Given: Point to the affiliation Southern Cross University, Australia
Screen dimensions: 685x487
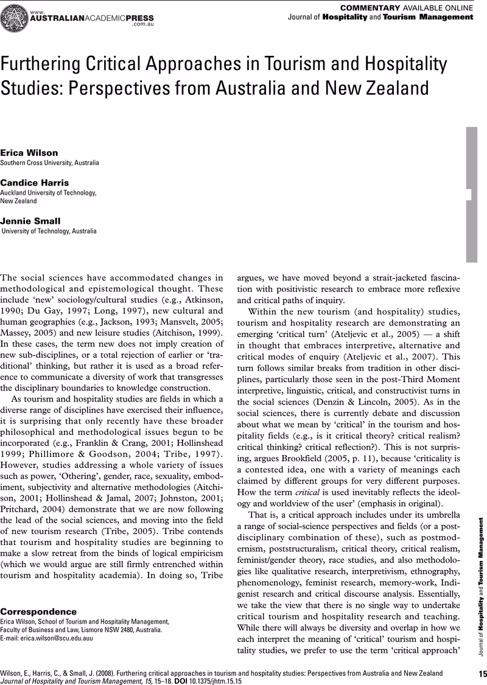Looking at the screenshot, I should point(49,163).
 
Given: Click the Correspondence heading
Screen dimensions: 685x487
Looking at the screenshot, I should point(38,594).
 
